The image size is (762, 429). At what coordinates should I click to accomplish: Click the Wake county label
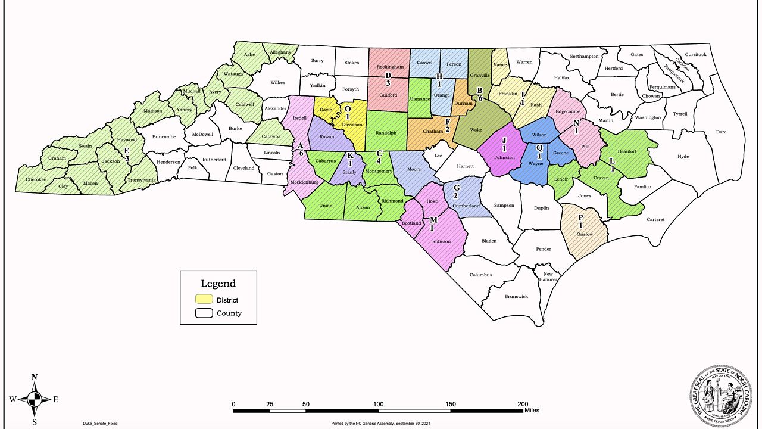[x=476, y=129]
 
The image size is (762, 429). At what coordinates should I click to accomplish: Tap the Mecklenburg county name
[x=304, y=182]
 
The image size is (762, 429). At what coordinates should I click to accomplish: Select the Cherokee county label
[x=36, y=179]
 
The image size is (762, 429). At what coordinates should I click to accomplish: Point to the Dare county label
[x=721, y=132]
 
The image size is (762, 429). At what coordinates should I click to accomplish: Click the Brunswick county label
[x=516, y=296]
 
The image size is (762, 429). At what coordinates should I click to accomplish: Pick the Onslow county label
[x=585, y=234]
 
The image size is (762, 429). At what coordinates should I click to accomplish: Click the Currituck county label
[x=695, y=55]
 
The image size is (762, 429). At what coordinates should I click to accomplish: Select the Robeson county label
[x=441, y=241]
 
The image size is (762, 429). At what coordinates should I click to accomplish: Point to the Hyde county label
[x=683, y=156]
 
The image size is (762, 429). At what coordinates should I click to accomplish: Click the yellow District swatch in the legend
[x=204, y=299]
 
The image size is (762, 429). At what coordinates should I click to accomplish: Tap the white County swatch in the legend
[x=204, y=313]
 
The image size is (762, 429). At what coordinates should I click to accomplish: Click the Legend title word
[x=218, y=284]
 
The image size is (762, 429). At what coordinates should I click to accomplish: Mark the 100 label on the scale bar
[x=378, y=404]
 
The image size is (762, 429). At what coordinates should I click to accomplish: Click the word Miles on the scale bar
[x=532, y=410]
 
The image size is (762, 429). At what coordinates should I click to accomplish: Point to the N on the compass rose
[x=35, y=377]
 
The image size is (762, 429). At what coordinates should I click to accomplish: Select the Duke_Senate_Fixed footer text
[x=104, y=423]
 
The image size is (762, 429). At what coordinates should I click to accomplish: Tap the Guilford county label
[x=387, y=95]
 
